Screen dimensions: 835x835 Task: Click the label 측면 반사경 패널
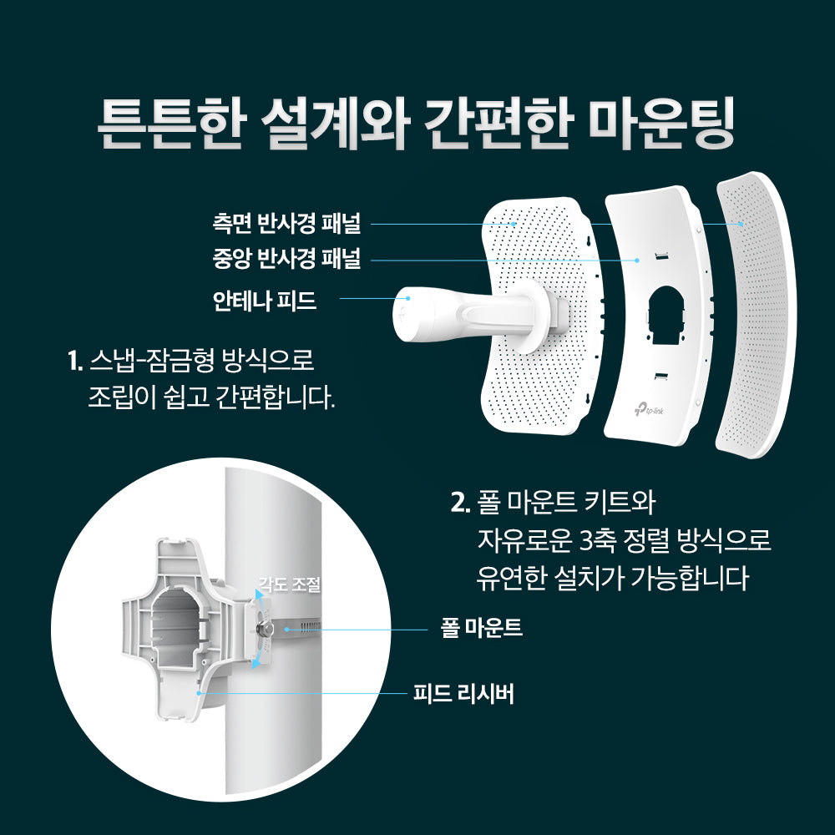point(286,224)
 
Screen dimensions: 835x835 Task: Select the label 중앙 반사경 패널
point(286,260)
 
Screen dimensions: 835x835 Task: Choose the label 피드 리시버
point(463,692)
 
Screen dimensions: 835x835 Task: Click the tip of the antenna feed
point(403,316)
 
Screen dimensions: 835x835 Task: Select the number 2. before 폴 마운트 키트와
point(459,504)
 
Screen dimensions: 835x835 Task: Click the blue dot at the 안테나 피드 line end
point(407,298)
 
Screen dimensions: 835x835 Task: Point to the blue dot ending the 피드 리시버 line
point(197,692)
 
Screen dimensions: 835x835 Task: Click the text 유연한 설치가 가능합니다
point(612,578)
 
